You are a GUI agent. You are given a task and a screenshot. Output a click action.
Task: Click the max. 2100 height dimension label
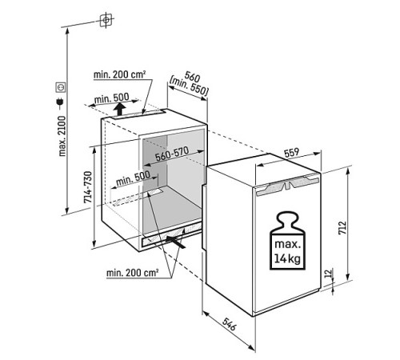coord(62,136)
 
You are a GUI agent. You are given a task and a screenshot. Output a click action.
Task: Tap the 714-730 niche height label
coord(88,187)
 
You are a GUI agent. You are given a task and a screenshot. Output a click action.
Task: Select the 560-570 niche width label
coord(172,154)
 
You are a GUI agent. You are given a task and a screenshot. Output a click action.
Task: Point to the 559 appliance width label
coord(291,153)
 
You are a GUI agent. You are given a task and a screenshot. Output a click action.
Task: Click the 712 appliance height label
coord(342,227)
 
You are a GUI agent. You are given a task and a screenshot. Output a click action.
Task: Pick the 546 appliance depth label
coord(230,324)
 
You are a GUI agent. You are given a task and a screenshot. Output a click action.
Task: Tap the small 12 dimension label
coord(329,274)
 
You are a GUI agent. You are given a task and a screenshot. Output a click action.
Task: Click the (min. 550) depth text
coord(189,86)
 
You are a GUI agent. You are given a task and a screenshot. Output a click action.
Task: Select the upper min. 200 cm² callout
coord(120,74)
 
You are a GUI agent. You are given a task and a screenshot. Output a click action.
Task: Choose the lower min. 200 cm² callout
coord(133,273)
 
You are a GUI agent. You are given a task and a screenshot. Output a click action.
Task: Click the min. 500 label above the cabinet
coord(112,98)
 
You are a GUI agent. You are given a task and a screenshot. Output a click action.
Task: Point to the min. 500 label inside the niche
coord(133,178)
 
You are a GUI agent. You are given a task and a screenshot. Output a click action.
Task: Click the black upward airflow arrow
coord(121,109)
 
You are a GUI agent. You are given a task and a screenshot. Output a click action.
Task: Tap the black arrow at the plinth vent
coord(175,242)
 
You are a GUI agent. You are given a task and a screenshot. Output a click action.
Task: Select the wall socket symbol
coord(61,87)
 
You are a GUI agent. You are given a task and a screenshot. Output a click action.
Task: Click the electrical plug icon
coord(60,103)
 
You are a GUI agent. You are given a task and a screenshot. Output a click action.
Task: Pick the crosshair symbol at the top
coord(106,20)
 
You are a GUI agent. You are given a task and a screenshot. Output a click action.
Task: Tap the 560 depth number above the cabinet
coord(193,77)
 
